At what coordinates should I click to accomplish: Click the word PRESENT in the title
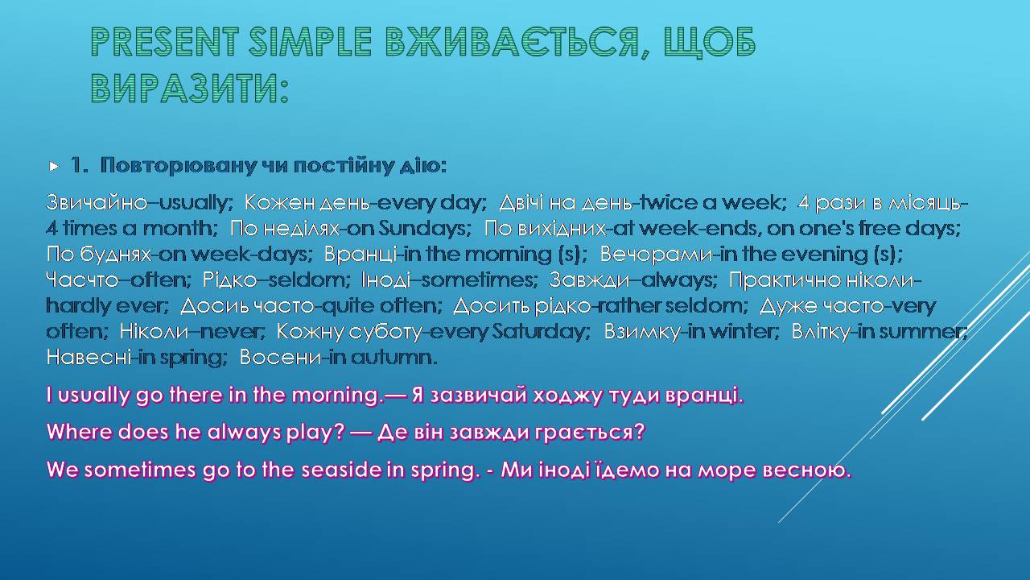(165, 41)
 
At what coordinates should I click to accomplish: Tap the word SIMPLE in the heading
(310, 41)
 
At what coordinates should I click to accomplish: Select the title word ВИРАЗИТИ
(189, 88)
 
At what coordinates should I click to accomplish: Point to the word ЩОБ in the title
(710, 43)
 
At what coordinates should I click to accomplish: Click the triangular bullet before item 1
(54, 166)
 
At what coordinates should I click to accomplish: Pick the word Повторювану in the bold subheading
(179, 166)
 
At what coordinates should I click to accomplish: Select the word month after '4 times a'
(179, 228)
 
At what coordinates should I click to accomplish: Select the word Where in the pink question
(80, 433)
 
